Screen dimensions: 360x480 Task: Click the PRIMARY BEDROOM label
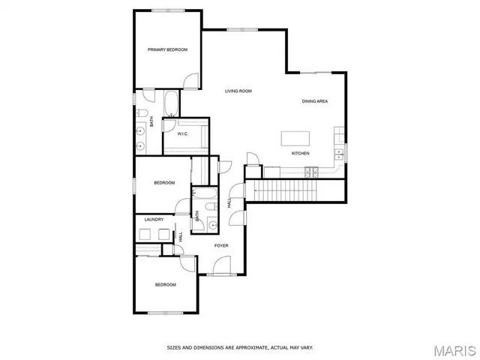click(x=167, y=49)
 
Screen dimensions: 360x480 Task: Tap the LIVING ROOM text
click(x=238, y=91)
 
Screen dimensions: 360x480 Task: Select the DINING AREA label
click(x=315, y=101)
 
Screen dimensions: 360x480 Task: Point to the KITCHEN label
click(x=300, y=154)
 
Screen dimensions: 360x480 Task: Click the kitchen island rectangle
click(x=296, y=139)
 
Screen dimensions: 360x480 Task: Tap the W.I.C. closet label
click(x=182, y=134)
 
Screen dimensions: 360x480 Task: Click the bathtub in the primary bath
click(x=170, y=103)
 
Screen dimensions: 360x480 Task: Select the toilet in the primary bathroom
click(x=142, y=113)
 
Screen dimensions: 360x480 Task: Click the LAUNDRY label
click(x=154, y=220)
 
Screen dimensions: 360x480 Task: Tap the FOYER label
click(x=221, y=246)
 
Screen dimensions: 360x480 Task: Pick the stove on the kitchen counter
click(x=309, y=172)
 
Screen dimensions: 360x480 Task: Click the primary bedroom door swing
click(x=191, y=79)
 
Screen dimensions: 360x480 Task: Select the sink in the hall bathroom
click(x=212, y=223)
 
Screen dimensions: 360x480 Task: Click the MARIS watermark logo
click(x=453, y=349)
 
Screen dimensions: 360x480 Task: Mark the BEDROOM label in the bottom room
click(x=165, y=285)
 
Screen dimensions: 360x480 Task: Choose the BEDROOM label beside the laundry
click(x=164, y=183)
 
